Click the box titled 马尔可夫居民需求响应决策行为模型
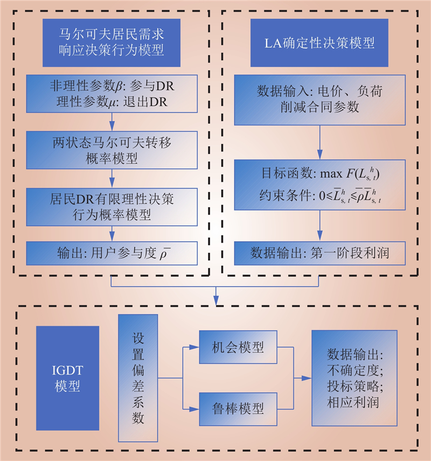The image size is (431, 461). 112,43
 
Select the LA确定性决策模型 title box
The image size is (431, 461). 319,43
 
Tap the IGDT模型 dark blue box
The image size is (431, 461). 67,378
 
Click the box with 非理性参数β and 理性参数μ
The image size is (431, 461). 112,94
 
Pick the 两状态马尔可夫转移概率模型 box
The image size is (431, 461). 112,150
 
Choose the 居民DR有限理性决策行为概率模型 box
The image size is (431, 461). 112,207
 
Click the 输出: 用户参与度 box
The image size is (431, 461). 112,253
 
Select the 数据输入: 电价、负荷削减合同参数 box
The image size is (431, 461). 319,100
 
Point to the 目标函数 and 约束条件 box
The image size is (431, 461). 319,185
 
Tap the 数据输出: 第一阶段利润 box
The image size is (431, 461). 319,253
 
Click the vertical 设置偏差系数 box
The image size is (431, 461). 138,378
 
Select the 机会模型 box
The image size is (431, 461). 238,347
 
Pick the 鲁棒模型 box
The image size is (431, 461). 238,409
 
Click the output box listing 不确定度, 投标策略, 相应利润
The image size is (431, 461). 354,378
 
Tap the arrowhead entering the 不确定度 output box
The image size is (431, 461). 307,378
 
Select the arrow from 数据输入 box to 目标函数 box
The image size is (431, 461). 319,142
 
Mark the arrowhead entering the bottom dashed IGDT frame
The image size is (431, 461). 216,300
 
